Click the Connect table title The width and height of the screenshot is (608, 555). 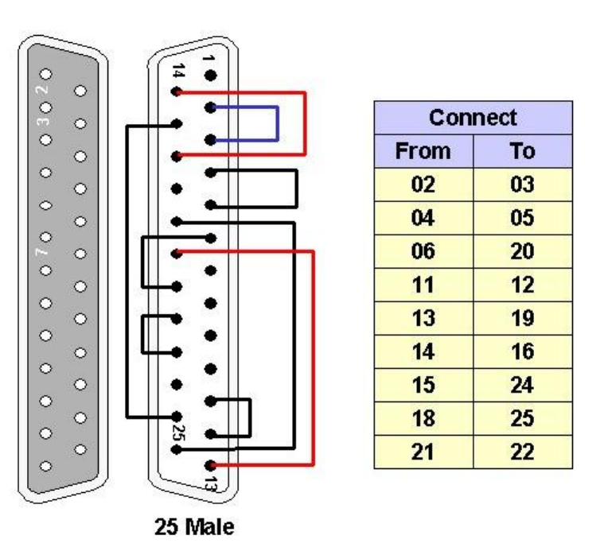473,118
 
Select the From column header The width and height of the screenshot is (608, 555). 423,151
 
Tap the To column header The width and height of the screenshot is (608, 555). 523,151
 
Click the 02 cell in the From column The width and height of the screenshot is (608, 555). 423,185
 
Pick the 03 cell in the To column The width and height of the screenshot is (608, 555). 523,185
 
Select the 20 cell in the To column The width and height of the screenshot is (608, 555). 523,251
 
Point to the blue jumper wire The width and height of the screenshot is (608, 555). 276,122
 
